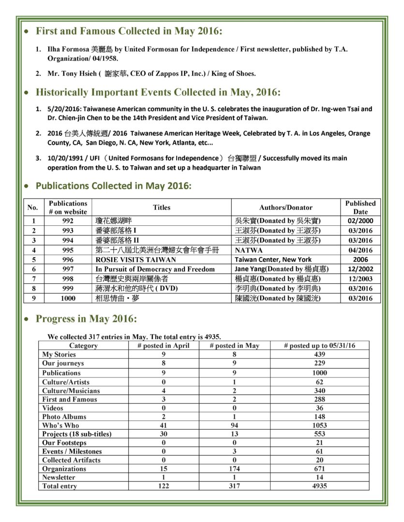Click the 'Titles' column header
coord(162,207)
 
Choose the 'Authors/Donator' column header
coord(286,207)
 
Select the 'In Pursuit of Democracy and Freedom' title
coord(155,269)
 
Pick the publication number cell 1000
coord(68,298)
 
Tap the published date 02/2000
coord(360,221)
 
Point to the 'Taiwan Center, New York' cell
coord(273,260)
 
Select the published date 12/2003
coord(360,279)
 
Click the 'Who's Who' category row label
coord(60,425)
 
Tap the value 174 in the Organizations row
coord(234,469)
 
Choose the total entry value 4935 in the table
coord(319,486)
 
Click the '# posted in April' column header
coord(164,346)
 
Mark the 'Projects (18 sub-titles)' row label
coord(76,434)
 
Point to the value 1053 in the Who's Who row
coord(319,425)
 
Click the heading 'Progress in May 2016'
coord(86,319)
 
